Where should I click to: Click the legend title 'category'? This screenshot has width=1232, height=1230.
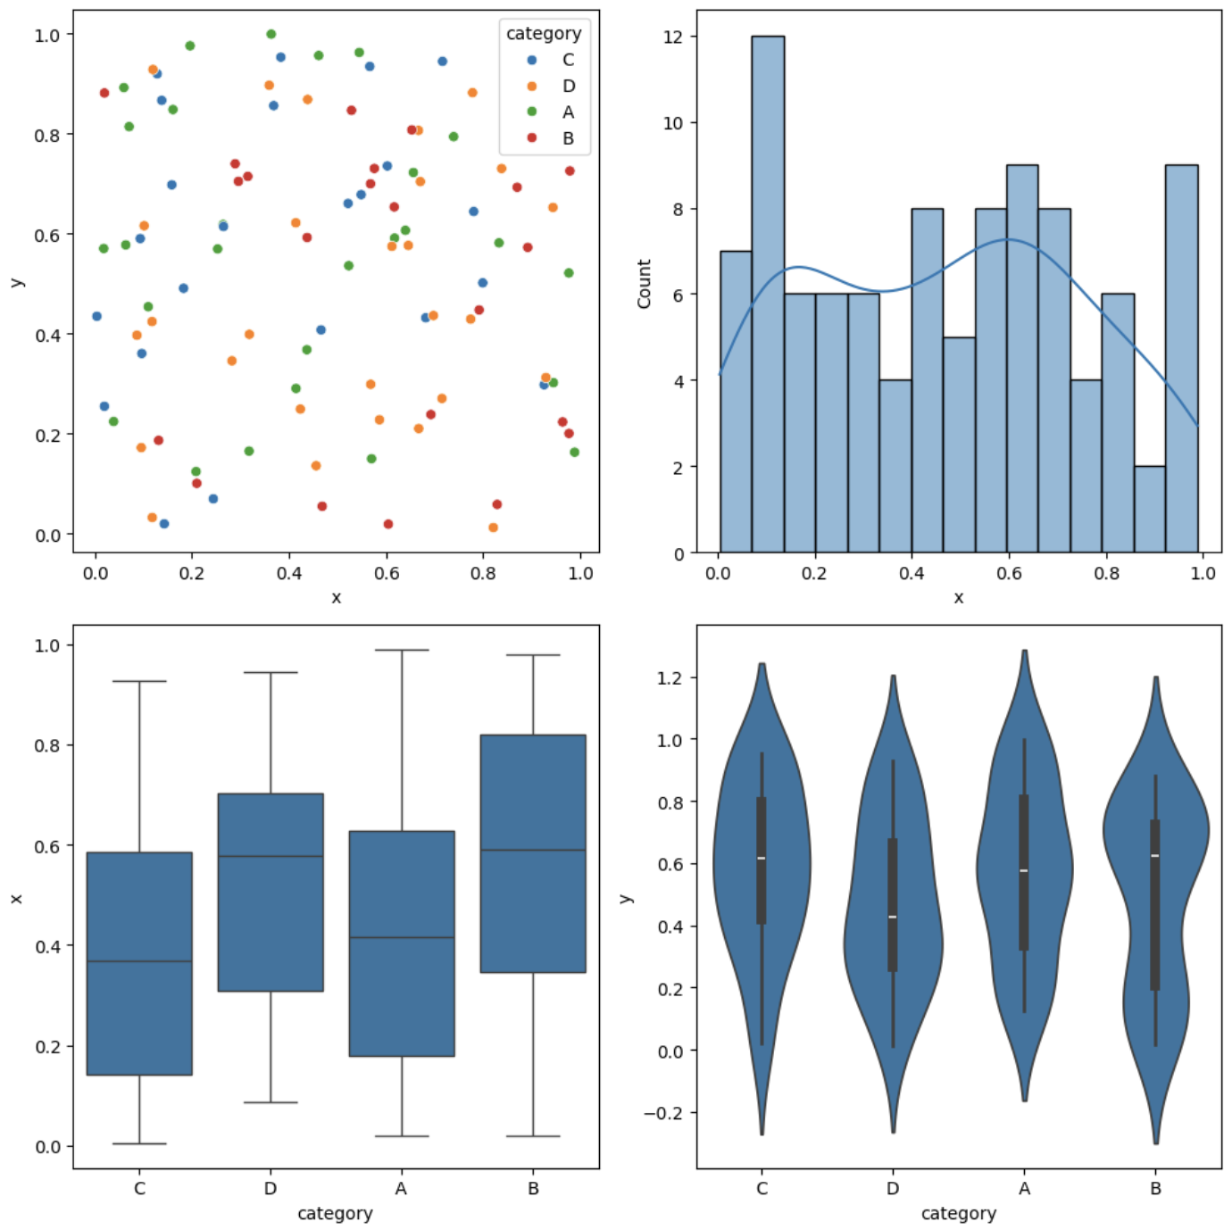pos(543,34)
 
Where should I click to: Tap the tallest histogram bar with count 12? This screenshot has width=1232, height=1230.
pos(768,295)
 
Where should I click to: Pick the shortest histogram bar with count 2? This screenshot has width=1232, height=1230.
pos(1149,510)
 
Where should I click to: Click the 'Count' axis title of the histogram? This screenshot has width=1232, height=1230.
pos(644,284)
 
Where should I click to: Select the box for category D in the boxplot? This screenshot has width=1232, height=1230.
pos(271,893)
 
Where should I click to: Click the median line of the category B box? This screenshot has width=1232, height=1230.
pos(533,850)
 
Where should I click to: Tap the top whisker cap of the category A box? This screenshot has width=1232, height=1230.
pos(402,650)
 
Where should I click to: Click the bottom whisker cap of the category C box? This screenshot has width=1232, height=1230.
pos(139,1143)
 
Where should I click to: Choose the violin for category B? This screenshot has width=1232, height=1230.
pos(1155,893)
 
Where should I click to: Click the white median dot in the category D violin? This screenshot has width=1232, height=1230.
pos(893,917)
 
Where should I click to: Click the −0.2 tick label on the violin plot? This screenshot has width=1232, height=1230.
pos(662,1113)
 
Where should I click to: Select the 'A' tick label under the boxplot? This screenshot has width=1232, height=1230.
pos(401,1189)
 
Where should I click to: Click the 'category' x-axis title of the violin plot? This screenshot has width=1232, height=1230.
pos(958,1213)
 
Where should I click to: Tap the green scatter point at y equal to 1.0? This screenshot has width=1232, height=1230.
pos(271,34)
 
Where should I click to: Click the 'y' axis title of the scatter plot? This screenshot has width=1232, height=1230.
pos(16,282)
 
